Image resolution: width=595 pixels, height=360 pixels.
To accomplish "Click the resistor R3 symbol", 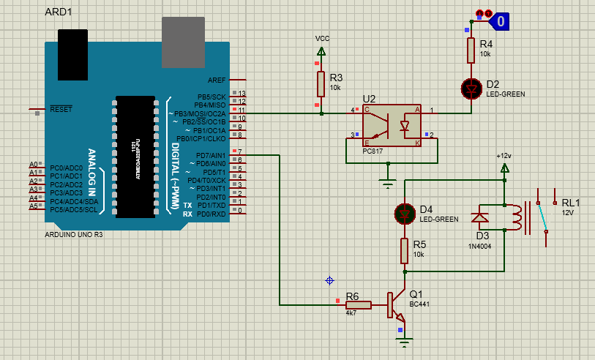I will click(321, 84).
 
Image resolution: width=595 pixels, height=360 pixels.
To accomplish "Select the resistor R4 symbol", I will click(472, 50).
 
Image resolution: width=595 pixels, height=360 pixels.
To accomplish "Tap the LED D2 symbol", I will click(472, 89).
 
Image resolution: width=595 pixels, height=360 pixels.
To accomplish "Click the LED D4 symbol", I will click(404, 214).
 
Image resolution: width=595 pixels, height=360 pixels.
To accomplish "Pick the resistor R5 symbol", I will click(404, 250).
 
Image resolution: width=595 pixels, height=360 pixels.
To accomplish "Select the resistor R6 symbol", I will click(359, 304).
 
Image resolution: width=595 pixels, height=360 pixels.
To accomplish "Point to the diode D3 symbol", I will click(480, 217).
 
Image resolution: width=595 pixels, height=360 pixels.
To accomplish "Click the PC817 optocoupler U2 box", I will click(392, 124).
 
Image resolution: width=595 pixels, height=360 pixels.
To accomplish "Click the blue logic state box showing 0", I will click(500, 22).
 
